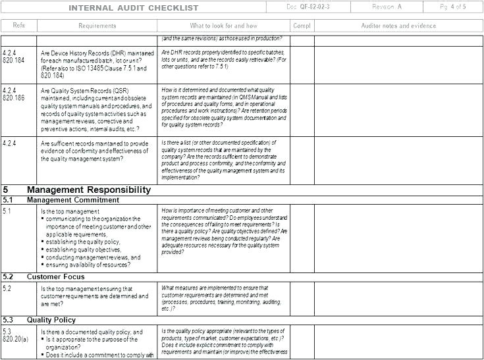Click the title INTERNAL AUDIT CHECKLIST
tap(134, 7)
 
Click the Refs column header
tap(18, 26)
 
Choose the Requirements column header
tap(97, 26)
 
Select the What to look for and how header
tap(224, 26)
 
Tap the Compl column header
tap(302, 26)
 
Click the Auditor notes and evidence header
tap(398, 26)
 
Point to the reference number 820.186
tap(13, 97)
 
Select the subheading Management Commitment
tap(73, 199)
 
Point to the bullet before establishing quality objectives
tap(43, 250)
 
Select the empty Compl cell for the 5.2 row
tap(302, 299)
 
